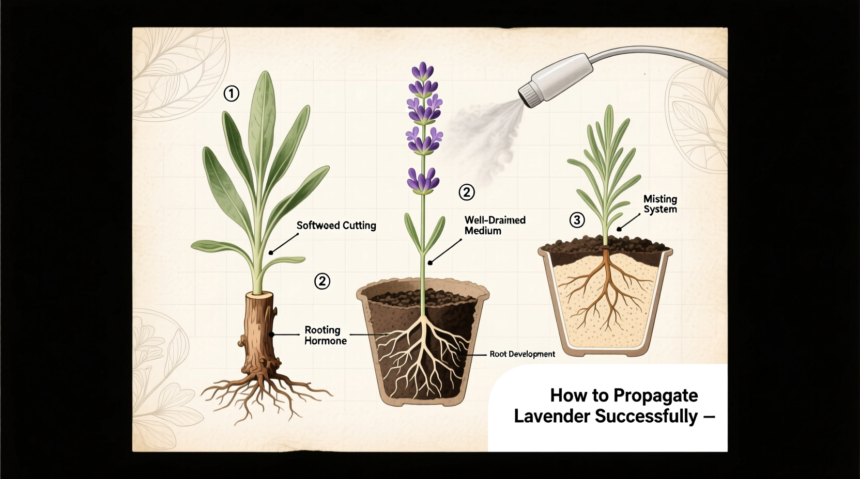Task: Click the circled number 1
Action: pos(231,93)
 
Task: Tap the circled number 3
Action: pos(577,220)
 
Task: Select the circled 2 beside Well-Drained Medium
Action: pos(466,193)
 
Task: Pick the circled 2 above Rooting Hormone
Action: pos(322,281)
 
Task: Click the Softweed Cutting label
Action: pos(336,226)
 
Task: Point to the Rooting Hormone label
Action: pos(325,336)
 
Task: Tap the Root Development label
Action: pos(522,354)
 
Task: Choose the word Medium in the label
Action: pos(483,231)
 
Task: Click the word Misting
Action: pos(660,199)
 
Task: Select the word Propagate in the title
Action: pos(655,395)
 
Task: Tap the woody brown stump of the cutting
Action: pos(258,330)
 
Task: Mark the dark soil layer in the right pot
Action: pos(605,246)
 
